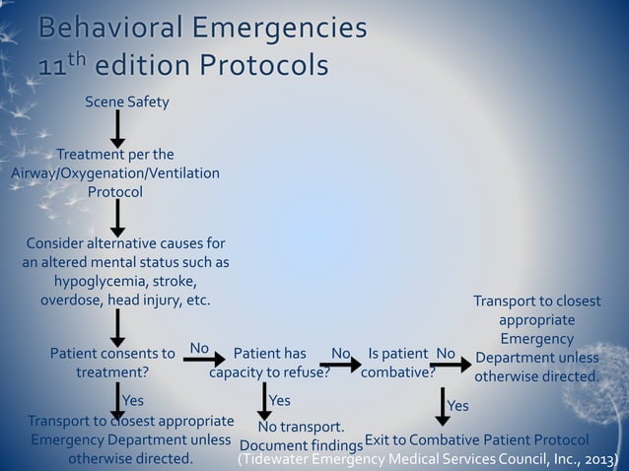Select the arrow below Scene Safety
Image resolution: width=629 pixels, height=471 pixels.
tap(117, 129)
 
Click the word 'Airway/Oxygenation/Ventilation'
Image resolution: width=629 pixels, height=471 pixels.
tap(115, 173)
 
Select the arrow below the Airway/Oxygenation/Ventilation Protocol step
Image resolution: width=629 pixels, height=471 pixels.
tap(117, 218)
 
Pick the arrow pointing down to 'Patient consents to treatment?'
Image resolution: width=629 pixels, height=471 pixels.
tap(117, 327)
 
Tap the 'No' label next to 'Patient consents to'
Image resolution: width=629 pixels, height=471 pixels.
tap(199, 348)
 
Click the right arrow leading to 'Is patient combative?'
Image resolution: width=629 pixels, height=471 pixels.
tap(340, 365)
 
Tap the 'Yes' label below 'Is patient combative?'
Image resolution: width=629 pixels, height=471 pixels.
tap(458, 406)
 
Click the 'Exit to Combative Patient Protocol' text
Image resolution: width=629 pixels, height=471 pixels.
tap(477, 439)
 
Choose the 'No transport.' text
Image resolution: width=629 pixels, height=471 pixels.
tap(301, 428)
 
